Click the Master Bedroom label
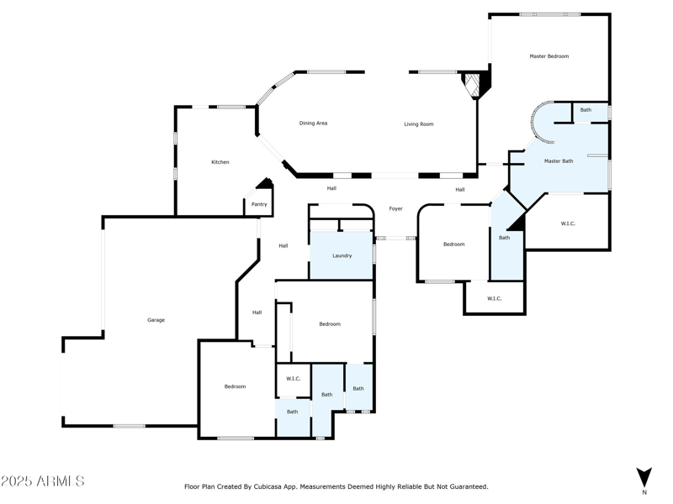549,56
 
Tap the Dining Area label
313,123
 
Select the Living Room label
418,124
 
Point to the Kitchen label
220,162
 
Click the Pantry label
259,204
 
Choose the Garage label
156,320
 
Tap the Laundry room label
342,256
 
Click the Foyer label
395,208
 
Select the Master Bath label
559,161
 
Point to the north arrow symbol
644,478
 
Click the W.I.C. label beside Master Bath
568,223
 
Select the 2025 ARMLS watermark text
43,480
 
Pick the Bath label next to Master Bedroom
586,110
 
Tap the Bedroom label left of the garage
236,386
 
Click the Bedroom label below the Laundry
330,324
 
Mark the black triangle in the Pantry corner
265,183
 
